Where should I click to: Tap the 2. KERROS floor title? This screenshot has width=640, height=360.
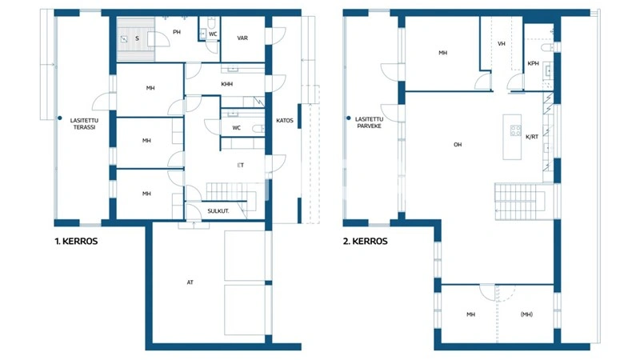(366, 241)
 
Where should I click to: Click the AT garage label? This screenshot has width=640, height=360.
(190, 282)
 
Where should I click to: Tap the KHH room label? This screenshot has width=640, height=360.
(226, 83)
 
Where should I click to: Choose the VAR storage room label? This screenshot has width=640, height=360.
(242, 38)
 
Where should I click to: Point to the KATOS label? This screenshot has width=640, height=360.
(285, 122)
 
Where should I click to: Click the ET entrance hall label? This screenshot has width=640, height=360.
(240, 165)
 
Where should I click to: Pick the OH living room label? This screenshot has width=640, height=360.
(458, 145)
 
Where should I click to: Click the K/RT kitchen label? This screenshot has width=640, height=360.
(532, 137)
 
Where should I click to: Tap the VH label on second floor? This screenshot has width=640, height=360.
(502, 44)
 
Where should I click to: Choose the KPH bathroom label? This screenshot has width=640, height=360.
(533, 63)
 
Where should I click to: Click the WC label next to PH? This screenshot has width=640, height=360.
(213, 34)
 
